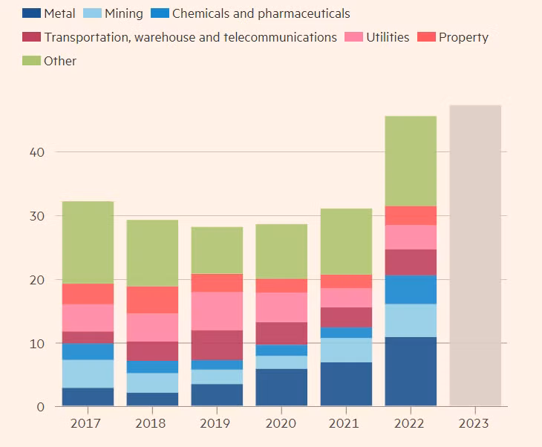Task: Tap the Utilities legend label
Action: point(388,37)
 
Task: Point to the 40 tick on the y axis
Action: point(37,152)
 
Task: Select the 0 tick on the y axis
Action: point(41,407)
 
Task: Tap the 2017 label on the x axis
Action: point(88,424)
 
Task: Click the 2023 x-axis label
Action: point(474,424)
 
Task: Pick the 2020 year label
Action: point(281,424)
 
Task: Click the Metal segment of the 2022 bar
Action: point(411,371)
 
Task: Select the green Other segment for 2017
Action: point(88,242)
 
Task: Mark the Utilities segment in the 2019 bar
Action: point(217,311)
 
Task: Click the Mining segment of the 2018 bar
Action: point(152,382)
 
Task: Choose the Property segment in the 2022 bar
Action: point(411,215)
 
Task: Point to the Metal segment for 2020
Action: point(281,388)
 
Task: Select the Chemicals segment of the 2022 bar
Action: point(411,290)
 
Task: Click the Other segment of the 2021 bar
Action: point(346,241)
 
